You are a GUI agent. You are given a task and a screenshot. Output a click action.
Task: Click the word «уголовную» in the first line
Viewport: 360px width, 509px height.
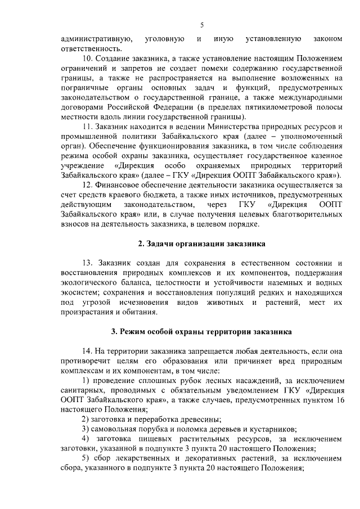click(x=165, y=39)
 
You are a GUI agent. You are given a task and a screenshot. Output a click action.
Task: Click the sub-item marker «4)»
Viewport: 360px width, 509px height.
click(x=85, y=439)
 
